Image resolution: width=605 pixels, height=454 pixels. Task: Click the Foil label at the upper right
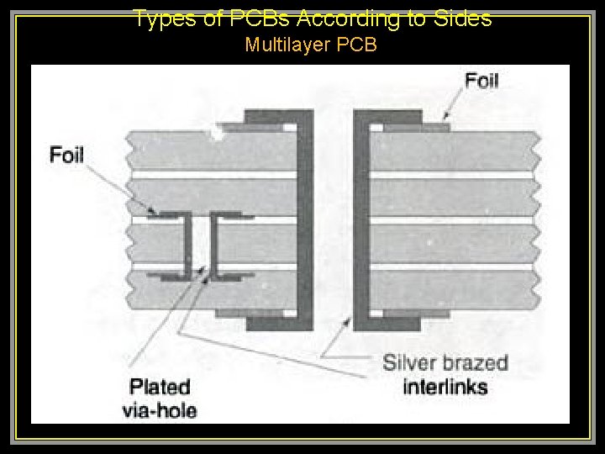481,82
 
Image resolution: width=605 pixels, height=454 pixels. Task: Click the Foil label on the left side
66,155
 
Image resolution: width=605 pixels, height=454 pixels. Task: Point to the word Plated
160,388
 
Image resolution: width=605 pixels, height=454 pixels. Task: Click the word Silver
410,364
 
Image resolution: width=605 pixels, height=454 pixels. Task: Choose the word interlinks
445,387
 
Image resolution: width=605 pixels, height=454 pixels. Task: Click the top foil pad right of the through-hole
416,127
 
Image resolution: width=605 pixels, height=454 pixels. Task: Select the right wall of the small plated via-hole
215,245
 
